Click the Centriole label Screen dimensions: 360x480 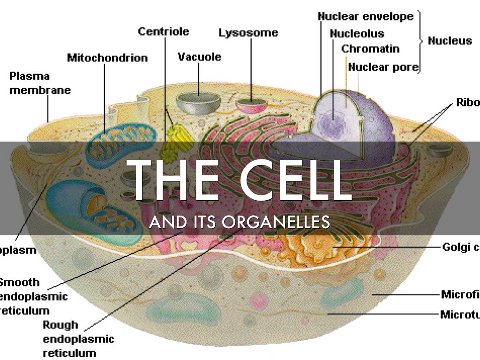click(163, 31)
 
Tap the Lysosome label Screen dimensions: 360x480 click(248, 33)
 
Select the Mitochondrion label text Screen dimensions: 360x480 click(107, 58)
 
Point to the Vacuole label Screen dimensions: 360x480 click(199, 57)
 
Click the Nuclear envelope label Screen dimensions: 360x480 click(366, 16)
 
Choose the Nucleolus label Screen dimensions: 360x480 click(357, 34)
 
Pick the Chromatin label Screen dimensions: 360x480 click(370, 49)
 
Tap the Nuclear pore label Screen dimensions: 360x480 click(382, 67)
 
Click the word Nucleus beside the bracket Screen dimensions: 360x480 click(450, 41)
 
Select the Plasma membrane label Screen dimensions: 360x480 click(39, 83)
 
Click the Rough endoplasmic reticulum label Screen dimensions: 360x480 click(78, 338)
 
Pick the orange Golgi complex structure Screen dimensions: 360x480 click(314, 246)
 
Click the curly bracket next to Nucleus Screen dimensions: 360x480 click(421, 41)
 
